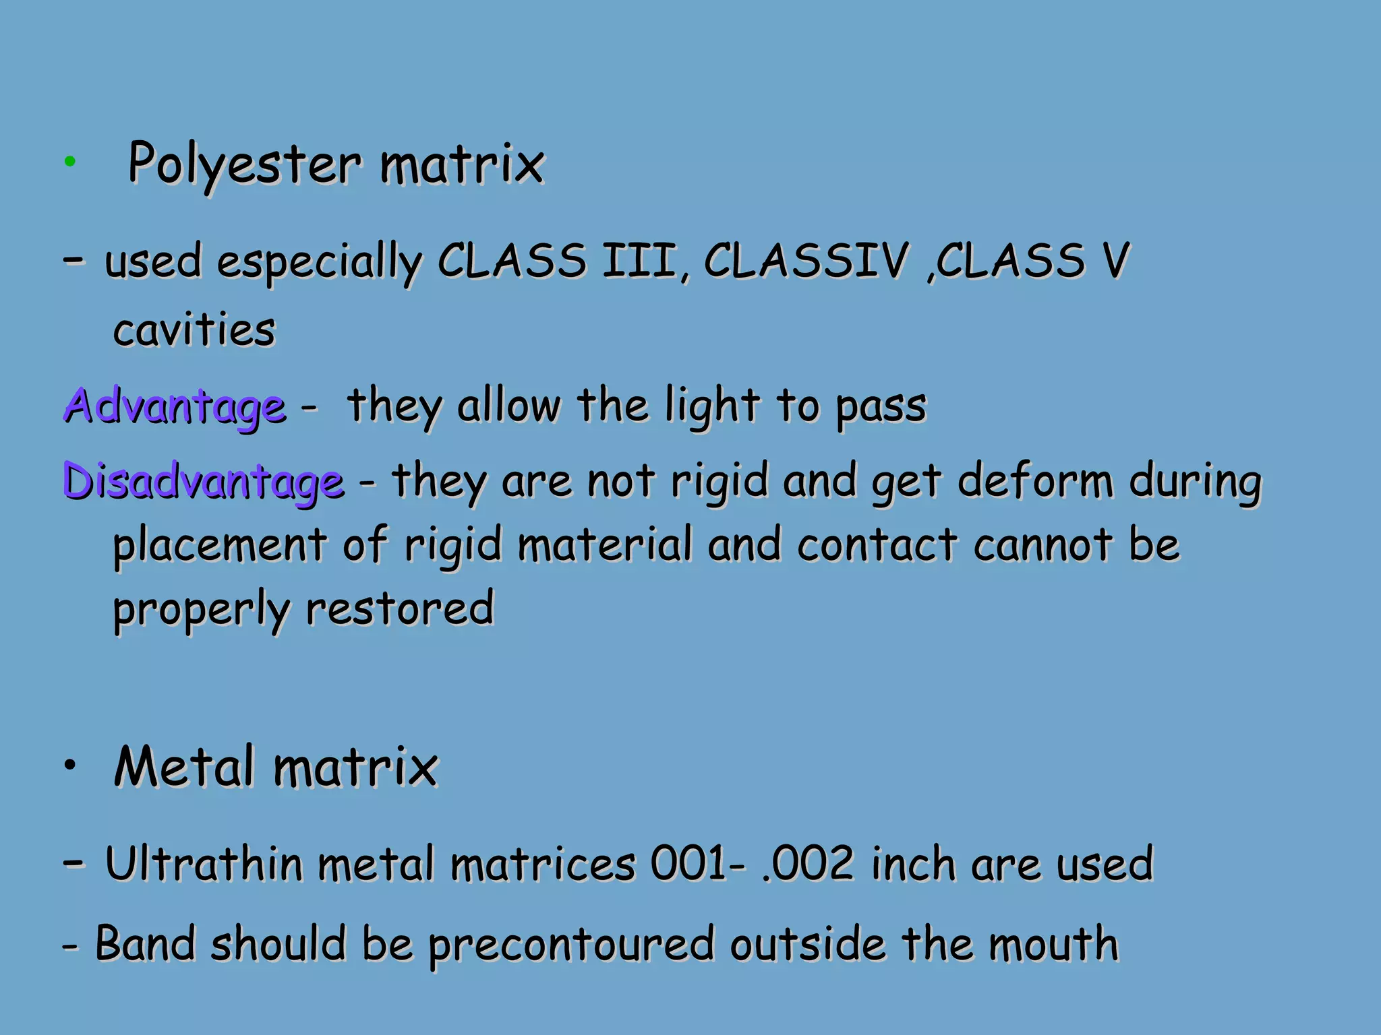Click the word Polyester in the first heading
pyautogui.click(x=244, y=164)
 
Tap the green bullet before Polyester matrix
pyautogui.click(x=69, y=161)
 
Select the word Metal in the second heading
pyautogui.click(x=183, y=767)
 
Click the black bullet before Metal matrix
pyautogui.click(x=70, y=765)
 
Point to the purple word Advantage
pyautogui.click(x=175, y=406)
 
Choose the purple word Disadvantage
pyautogui.click(x=203, y=482)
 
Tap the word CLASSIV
pyautogui.click(x=806, y=261)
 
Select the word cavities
pyautogui.click(x=194, y=330)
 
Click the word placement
pyautogui.click(x=219, y=546)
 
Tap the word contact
pyautogui.click(x=877, y=544)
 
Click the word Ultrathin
pyautogui.click(x=204, y=864)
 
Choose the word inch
pyautogui.click(x=913, y=864)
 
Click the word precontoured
pyautogui.click(x=570, y=945)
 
